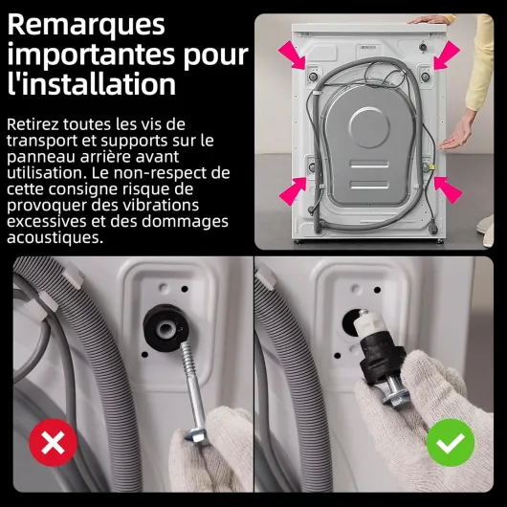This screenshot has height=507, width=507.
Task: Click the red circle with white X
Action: coord(53,442)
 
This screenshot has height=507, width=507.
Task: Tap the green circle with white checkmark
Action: coord(451,442)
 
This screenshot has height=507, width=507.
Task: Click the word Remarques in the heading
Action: coord(86,26)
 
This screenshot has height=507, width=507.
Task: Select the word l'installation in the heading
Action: coord(92,83)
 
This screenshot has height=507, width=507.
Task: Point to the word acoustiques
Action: coord(55,237)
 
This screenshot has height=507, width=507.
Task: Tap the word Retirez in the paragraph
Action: coord(33,124)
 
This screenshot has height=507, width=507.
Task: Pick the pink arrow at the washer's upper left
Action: coord(292,55)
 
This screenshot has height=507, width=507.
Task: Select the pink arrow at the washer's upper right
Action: coord(447,55)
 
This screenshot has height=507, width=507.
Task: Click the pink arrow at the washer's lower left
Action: coord(293,191)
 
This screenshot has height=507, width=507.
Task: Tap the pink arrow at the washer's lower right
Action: coord(448,190)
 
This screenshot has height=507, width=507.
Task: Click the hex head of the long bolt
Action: coord(196,437)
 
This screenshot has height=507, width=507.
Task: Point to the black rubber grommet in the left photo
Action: coord(166,327)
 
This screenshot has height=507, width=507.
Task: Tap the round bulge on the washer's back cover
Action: coord(369,127)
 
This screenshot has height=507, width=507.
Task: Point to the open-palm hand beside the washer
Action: coord(458,133)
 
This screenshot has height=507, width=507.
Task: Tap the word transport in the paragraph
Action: coord(41,142)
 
